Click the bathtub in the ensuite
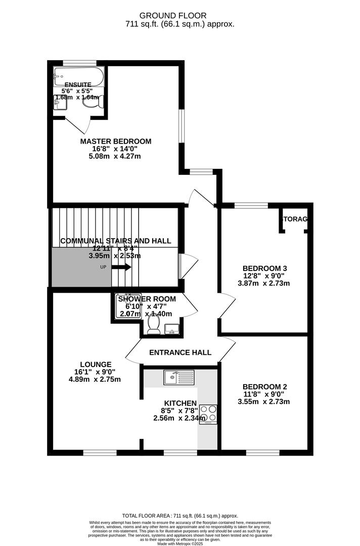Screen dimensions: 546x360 click(78, 77)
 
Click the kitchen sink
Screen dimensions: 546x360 click(178, 377)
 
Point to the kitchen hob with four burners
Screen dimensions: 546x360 click(208, 414)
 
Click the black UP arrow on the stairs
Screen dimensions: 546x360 click(121, 267)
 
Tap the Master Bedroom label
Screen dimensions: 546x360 click(115, 141)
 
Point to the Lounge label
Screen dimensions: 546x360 click(96, 364)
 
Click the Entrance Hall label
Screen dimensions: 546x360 click(180, 352)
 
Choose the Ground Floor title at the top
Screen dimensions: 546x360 click(180, 16)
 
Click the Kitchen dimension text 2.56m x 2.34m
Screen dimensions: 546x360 click(179, 418)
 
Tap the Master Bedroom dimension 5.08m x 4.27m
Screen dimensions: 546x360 click(114, 157)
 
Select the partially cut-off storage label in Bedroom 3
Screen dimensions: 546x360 click(296, 219)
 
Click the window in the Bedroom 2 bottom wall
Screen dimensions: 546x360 click(262, 452)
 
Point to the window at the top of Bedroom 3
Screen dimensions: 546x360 click(251, 205)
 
